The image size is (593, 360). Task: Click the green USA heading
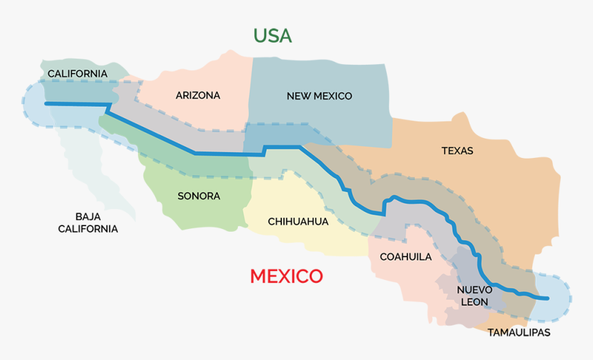coord(272,35)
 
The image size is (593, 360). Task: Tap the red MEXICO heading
coord(286,277)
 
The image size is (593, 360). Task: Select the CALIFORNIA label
coord(77,73)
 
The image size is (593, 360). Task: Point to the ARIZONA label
coord(198,96)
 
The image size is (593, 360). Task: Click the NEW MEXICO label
coord(319,96)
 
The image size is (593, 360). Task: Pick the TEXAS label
coord(457,150)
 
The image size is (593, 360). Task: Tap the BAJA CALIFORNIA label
coord(88,222)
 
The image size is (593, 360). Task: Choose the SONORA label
coord(199,196)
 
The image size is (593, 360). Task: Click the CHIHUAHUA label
coord(298,221)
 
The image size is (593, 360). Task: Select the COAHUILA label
coord(405,257)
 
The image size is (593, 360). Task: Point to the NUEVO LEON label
coord(474,296)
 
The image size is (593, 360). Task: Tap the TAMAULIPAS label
coord(519,332)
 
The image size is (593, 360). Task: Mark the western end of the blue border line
coord(46,103)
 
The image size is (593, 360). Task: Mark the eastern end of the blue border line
coord(548,299)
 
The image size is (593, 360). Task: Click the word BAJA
coord(88,216)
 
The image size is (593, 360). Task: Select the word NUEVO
coord(474,290)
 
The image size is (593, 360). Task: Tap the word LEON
coord(474,302)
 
